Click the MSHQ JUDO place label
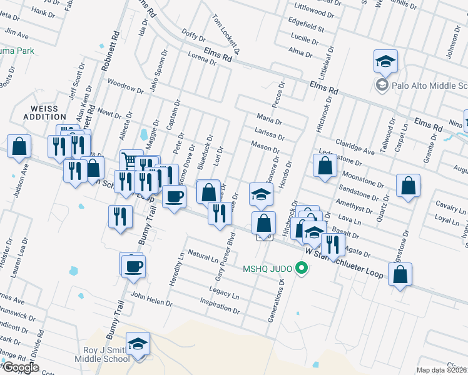tap(267, 269)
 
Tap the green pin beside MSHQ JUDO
tap(302, 269)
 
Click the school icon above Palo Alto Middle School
tap(385, 61)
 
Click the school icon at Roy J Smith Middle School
tap(138, 344)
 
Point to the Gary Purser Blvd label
tap(224, 256)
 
